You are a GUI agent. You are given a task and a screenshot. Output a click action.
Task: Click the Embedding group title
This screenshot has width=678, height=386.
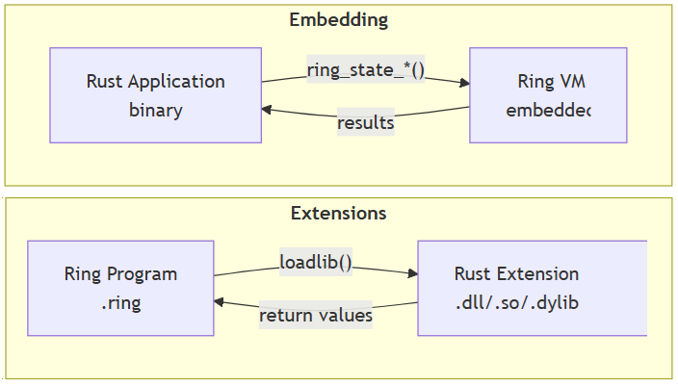pos(338,20)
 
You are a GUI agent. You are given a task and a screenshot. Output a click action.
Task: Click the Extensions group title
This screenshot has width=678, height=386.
pos(338,213)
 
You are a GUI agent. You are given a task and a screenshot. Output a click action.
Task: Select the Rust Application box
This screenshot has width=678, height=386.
pos(155,95)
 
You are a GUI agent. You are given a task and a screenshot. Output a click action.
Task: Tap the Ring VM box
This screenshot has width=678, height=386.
pos(547,95)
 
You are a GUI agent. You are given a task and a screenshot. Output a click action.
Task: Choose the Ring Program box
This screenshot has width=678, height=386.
pos(120,288)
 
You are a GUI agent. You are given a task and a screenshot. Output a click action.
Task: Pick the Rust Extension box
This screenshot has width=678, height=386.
pos(531,288)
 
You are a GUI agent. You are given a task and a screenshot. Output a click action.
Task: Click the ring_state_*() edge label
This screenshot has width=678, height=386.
pos(365,70)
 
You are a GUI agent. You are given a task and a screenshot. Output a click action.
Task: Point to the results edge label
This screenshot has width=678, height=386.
pos(365,123)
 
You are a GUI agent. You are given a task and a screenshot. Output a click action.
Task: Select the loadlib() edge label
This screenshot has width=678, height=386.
pos(316,262)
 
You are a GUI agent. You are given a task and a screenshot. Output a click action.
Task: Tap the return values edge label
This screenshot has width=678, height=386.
pos(316,315)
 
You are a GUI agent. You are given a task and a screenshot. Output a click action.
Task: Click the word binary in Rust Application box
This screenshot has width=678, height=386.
pos(155,110)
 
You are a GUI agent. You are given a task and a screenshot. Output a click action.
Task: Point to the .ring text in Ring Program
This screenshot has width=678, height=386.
pos(120,302)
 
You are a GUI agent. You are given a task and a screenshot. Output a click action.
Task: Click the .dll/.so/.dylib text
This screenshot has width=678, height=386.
pos(517,302)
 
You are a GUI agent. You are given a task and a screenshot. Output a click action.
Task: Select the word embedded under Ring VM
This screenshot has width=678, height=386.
pos(547,110)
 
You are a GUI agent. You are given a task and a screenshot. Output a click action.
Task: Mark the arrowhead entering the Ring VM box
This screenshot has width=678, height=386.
pos(463,83)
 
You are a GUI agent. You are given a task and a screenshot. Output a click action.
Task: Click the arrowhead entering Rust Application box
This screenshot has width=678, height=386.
pos(268,110)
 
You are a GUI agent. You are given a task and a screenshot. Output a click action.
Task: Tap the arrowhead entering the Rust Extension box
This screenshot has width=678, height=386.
pos(411,274)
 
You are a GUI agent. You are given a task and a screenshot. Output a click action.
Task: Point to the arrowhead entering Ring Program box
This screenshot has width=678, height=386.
pos(221,302)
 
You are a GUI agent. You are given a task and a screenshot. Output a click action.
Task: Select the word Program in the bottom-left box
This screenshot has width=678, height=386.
pos(142,274)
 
